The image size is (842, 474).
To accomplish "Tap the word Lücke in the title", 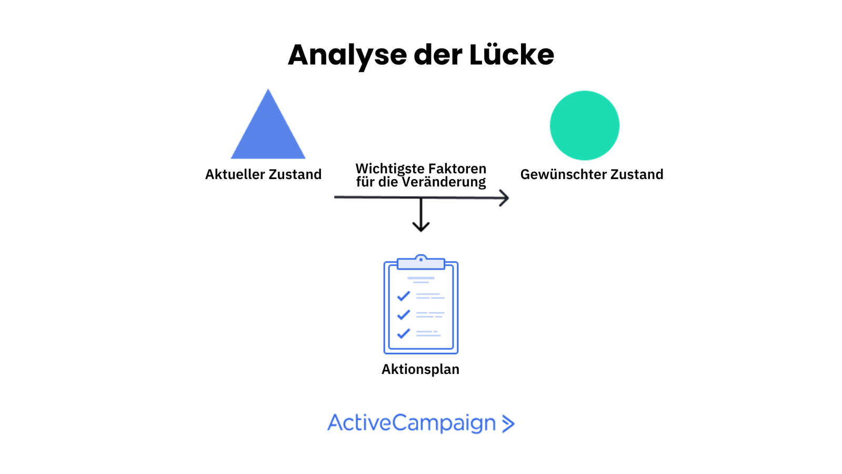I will point(512,54).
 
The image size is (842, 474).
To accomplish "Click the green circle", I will point(584,125).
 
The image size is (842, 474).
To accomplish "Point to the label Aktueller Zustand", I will point(263,174).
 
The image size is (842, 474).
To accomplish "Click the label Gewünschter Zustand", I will point(592,174).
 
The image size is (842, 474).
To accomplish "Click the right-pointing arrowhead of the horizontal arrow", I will point(504,198).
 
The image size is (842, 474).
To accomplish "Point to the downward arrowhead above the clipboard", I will point(421,226).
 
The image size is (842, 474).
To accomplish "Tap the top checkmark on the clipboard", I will point(404,296).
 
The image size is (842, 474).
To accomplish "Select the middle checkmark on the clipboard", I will point(404,314).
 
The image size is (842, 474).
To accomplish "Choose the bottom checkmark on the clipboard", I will point(404,333).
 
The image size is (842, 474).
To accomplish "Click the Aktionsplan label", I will point(420,369).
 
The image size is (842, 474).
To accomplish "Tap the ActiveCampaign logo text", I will point(412,423).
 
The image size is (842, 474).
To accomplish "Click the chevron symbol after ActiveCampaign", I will point(508,423).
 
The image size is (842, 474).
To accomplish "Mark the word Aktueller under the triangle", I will point(235,174).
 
